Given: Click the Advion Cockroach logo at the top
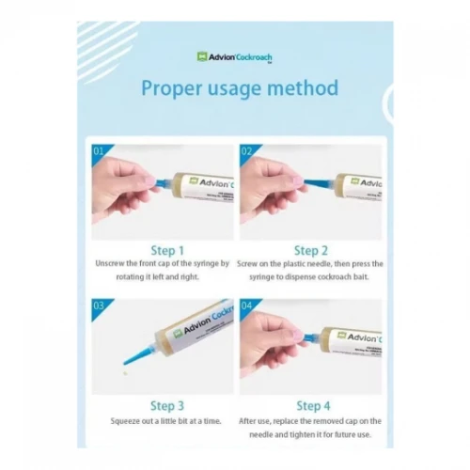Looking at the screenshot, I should [x=234, y=56].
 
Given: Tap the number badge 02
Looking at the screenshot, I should [x=246, y=150].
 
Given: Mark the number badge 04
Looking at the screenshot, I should [x=246, y=305].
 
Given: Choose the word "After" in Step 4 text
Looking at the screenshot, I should [x=252, y=422].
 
